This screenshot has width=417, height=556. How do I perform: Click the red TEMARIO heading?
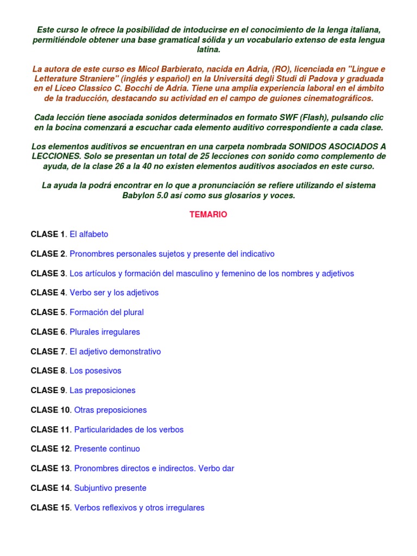(x=208, y=214)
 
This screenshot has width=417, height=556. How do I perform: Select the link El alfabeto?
(x=89, y=234)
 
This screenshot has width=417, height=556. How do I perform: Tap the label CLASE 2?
(x=48, y=254)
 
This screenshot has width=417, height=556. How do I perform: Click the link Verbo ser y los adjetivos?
(x=114, y=293)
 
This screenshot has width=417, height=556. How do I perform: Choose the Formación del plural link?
(x=106, y=312)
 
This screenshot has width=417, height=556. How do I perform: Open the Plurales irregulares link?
(x=105, y=332)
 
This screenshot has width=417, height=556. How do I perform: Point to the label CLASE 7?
(x=48, y=351)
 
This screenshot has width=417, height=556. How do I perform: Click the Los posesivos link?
(x=96, y=371)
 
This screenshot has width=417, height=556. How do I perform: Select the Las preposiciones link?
(x=103, y=390)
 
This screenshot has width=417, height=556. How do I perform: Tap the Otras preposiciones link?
(x=110, y=410)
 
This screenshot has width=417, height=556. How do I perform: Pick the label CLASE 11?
(x=50, y=429)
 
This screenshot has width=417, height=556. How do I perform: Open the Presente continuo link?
(x=107, y=449)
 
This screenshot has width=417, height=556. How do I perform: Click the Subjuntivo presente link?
(x=110, y=488)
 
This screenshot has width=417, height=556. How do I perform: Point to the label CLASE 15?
(x=50, y=508)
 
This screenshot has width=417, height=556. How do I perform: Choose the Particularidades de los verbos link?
(x=129, y=429)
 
